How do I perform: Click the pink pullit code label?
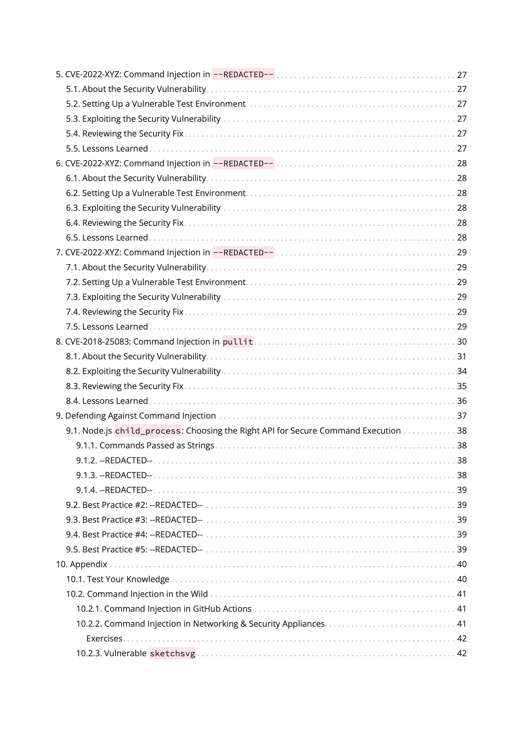238,342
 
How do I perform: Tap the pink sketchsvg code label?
172,653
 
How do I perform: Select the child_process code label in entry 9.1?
148,431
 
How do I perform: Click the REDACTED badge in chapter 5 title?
243,74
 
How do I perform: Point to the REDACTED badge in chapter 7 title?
243,252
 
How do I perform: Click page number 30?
461,342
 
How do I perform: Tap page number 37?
461,416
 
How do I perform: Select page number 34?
461,371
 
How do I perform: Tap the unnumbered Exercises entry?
104,639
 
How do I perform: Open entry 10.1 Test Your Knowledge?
117,579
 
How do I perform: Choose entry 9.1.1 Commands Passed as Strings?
145,445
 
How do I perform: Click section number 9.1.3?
86,475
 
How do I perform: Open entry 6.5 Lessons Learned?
107,238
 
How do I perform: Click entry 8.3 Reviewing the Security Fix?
125,386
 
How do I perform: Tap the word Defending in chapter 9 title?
85,416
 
